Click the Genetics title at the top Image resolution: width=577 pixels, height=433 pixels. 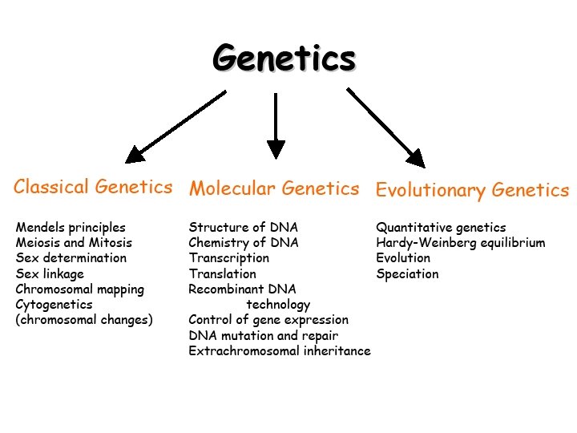[x=284, y=59]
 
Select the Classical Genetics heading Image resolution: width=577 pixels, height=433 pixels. [x=93, y=188]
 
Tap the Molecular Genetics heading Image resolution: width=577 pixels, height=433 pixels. [x=274, y=189]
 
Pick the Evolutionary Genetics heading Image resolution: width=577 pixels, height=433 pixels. [x=472, y=191]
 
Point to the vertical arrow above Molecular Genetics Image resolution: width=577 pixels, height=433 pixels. [x=276, y=124]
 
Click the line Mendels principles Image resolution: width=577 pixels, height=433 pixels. [x=71, y=228]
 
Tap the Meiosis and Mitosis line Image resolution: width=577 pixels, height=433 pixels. [x=74, y=243]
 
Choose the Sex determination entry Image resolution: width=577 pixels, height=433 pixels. [x=71, y=258]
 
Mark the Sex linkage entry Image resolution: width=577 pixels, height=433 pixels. [x=50, y=274]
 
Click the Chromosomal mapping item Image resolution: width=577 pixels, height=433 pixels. [x=80, y=289]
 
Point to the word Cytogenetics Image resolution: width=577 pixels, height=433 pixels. [x=54, y=305]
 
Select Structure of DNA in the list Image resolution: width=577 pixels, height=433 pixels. [x=243, y=228]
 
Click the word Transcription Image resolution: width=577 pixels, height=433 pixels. [x=229, y=258]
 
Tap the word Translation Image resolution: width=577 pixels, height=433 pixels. [x=223, y=274]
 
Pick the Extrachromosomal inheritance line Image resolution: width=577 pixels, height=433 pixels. [x=280, y=351]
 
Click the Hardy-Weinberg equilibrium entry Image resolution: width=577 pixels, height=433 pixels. [x=461, y=243]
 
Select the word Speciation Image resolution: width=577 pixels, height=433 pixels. [x=408, y=274]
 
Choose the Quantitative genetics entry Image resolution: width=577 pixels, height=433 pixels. [x=442, y=228]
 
